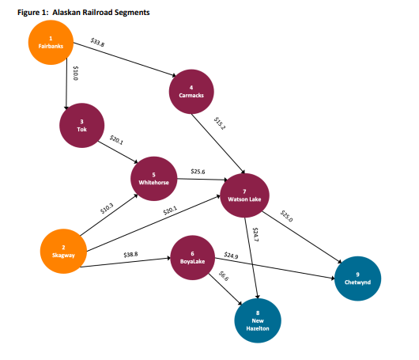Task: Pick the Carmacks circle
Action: (x=191, y=91)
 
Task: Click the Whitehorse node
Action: (x=153, y=178)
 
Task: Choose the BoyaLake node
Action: (x=192, y=257)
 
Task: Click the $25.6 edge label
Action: (x=198, y=172)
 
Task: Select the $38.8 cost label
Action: (x=131, y=254)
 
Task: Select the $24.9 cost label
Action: (x=231, y=255)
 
